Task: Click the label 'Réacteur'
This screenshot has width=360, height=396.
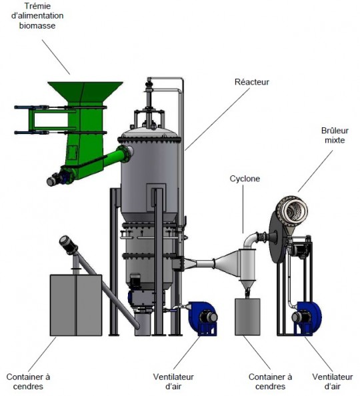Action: [x=251, y=82]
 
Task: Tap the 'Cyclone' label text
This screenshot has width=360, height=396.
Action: [x=245, y=179]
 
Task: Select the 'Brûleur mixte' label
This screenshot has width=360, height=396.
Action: [x=335, y=135]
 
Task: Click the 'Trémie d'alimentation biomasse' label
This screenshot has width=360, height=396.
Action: [x=37, y=15]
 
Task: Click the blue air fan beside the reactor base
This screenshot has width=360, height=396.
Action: [x=202, y=318]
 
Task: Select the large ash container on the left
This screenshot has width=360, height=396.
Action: [x=76, y=305]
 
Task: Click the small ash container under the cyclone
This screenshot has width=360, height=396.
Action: [x=247, y=317]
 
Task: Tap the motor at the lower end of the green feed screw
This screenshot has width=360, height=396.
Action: [x=56, y=179]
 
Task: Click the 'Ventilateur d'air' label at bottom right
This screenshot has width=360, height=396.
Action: [x=332, y=381]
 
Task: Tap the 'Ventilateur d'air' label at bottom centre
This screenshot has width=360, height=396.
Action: [x=173, y=381]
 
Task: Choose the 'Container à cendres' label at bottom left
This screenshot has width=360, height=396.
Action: [x=28, y=381]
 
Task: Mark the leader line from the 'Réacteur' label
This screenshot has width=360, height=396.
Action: [x=217, y=119]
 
